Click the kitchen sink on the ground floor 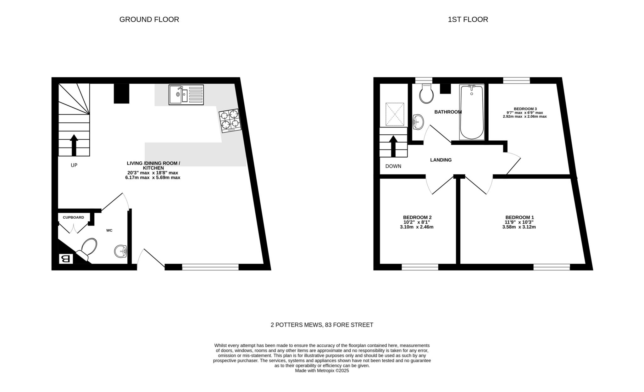(x=186, y=95)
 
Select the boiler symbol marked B (x=66, y=259)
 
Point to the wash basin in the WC (x=120, y=251)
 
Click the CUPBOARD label (x=73, y=217)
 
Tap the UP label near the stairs (x=74, y=165)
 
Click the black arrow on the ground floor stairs (x=74, y=145)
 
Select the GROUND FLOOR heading (x=149, y=20)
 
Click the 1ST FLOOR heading (x=468, y=20)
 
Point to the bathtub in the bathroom (x=472, y=112)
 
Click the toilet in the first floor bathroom (x=427, y=93)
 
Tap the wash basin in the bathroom (x=418, y=122)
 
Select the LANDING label (x=441, y=160)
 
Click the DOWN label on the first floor (x=393, y=166)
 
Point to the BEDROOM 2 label (x=417, y=217)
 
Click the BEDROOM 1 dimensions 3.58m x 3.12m (x=519, y=227)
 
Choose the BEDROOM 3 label (x=525, y=109)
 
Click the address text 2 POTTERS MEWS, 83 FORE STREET (x=322, y=325)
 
